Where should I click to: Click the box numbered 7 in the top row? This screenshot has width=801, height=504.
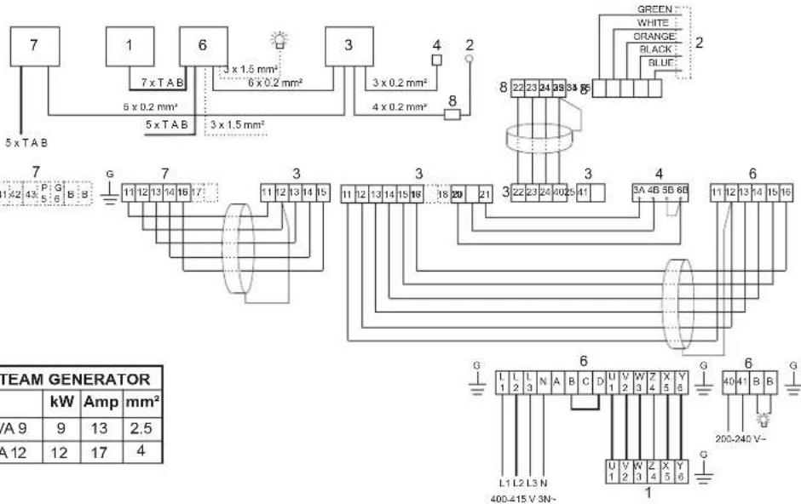(x=34, y=46)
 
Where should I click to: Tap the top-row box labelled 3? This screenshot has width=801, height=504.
(x=349, y=46)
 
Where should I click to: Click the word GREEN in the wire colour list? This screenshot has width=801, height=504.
(x=654, y=9)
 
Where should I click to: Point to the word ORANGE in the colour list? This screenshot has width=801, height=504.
(x=654, y=37)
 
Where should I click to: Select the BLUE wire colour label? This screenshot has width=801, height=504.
(x=660, y=63)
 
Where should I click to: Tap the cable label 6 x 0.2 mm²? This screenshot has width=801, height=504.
(x=276, y=83)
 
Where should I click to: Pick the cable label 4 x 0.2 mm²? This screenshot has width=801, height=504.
(x=400, y=107)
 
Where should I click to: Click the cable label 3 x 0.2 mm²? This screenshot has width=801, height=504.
(x=400, y=83)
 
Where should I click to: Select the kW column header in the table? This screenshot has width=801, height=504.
(x=61, y=400)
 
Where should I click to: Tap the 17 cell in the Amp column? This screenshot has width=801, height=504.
(x=97, y=441)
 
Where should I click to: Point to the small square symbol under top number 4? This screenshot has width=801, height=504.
(x=436, y=60)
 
